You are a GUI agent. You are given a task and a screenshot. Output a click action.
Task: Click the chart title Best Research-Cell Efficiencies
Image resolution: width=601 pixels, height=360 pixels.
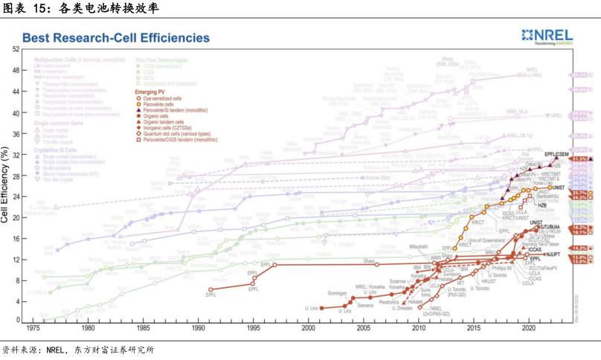(x=115, y=37)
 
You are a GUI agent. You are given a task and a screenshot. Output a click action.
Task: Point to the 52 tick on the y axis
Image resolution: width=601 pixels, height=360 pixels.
(x=16, y=50)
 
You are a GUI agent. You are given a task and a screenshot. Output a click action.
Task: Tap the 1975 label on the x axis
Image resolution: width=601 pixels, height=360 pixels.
(x=33, y=327)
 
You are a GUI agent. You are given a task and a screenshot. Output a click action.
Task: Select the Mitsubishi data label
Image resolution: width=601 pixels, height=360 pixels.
(x=419, y=245)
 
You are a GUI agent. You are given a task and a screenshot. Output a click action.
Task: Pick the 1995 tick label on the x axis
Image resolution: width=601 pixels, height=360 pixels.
(x=253, y=327)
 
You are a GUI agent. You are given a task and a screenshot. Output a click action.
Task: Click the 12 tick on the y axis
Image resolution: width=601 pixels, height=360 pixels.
(x=16, y=259)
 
